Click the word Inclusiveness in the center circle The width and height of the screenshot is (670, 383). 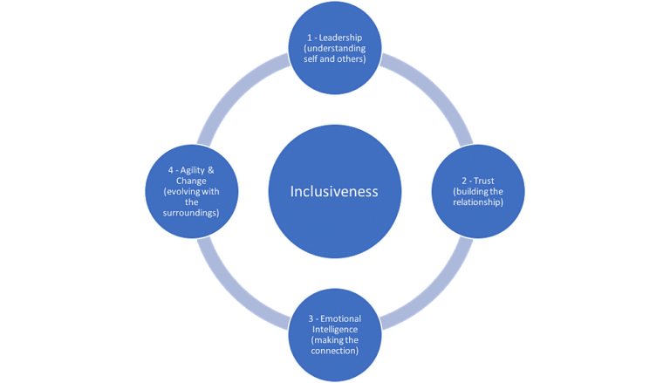(x=334, y=191)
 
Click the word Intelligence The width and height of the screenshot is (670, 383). (x=334, y=330)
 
